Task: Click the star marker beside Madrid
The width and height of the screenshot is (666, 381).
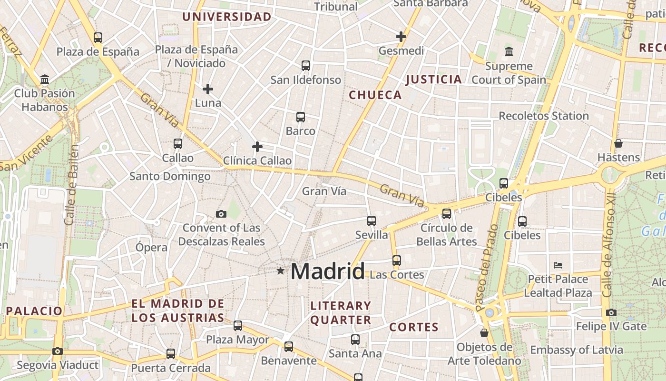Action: coord(281,271)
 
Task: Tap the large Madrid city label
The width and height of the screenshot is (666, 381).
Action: coord(327,271)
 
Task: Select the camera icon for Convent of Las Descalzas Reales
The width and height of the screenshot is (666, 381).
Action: coord(221,214)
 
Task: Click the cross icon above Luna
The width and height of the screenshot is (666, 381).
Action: coord(208,89)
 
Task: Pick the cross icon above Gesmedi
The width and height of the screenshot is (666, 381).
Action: coord(401,37)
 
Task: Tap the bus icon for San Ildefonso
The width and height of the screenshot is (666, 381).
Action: coord(306,66)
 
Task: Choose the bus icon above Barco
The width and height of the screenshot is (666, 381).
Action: coord(301,117)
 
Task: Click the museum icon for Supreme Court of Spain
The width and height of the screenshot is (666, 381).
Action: coord(509,51)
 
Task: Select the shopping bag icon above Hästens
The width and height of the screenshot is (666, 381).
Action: coord(618,143)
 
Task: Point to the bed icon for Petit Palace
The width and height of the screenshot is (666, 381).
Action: coord(558,265)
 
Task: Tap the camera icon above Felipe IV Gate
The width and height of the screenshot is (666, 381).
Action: coord(611,313)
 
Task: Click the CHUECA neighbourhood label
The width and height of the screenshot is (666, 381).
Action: coord(375,95)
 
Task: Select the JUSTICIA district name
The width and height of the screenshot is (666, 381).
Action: coord(434,80)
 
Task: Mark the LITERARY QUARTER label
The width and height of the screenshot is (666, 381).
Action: coord(341,313)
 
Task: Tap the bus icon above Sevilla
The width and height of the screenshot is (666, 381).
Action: coord(372,221)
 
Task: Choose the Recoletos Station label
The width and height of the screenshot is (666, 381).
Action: coord(544,116)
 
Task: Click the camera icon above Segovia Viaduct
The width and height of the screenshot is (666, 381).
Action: coord(58,351)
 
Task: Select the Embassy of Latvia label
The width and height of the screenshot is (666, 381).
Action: coord(577,350)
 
